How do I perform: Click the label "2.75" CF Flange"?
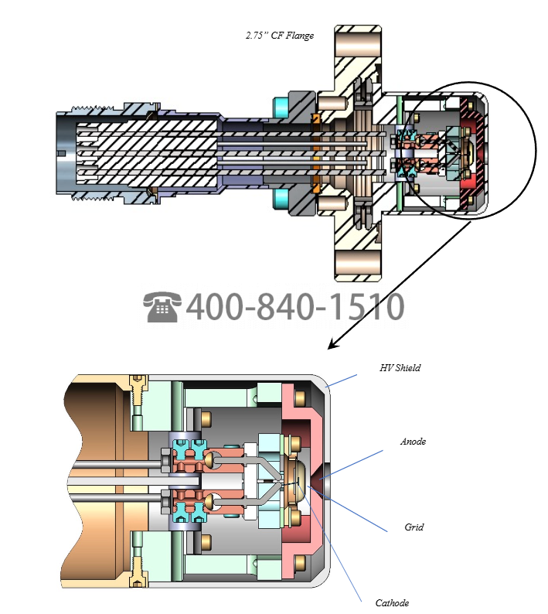coord(279,36)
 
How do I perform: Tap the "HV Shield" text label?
coord(400,368)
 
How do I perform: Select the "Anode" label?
coord(413,442)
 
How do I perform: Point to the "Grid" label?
coord(414,527)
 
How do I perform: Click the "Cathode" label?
coord(392,602)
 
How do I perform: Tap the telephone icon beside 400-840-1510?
coord(162,307)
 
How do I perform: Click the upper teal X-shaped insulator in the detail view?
coord(189,449)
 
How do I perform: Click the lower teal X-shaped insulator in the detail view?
coord(189,510)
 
